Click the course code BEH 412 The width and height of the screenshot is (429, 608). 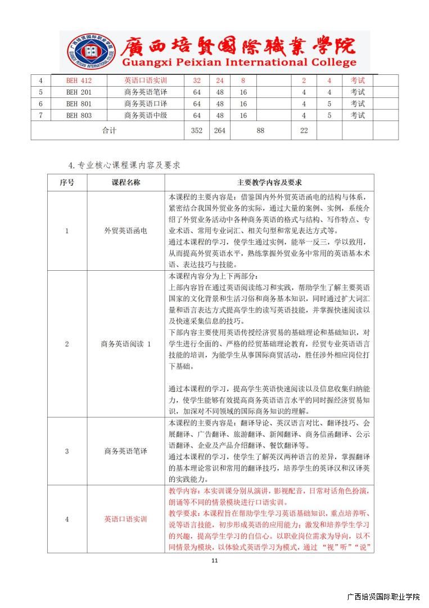point(79,81)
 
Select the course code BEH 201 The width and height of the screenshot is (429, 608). point(79,92)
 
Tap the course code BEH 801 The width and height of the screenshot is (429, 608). point(79,104)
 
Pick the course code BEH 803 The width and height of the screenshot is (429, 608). point(79,116)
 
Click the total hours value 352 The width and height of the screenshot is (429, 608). point(197,131)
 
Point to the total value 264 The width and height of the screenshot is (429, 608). point(220,131)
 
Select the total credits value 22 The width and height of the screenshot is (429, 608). point(304,131)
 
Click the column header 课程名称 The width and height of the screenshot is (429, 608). point(126,182)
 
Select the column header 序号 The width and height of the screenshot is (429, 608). point(67,182)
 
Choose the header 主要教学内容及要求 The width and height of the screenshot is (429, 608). point(269,182)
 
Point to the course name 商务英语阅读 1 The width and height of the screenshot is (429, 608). point(126,344)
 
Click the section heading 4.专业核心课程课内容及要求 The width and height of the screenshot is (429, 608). point(124,165)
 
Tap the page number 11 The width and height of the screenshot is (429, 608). point(214,561)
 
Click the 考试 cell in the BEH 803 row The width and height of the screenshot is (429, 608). point(358,116)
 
